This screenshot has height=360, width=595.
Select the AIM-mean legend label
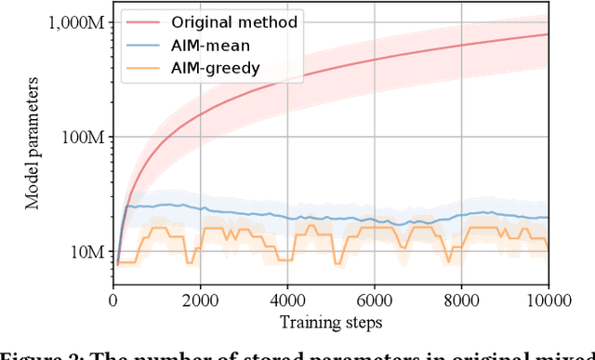pos(213,43)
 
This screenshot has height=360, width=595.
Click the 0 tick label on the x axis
pos(112,300)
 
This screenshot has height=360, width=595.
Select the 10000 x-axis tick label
pos(548,300)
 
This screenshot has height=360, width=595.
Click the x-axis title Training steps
pos(330,321)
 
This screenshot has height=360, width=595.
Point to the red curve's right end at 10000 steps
pos(548,34)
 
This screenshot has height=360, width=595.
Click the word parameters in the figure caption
pos(354,353)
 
